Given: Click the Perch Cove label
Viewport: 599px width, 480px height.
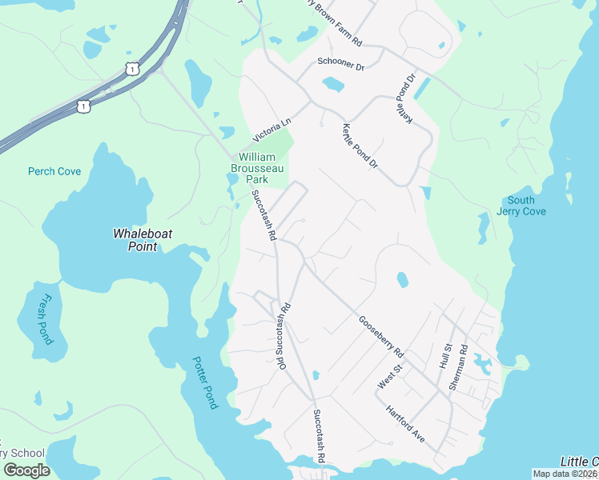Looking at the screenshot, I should (x=54, y=171).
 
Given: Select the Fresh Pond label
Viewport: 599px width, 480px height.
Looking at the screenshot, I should (x=45, y=320).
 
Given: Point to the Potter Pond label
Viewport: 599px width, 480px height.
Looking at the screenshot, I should (x=205, y=383).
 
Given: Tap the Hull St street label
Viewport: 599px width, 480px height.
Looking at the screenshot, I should (x=446, y=356).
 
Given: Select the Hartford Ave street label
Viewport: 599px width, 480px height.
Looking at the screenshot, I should (x=405, y=426).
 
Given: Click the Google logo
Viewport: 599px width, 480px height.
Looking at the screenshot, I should (x=26, y=470).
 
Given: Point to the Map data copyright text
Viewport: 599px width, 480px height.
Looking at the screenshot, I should (x=565, y=474).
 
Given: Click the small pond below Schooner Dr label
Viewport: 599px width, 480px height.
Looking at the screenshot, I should (x=332, y=84).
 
